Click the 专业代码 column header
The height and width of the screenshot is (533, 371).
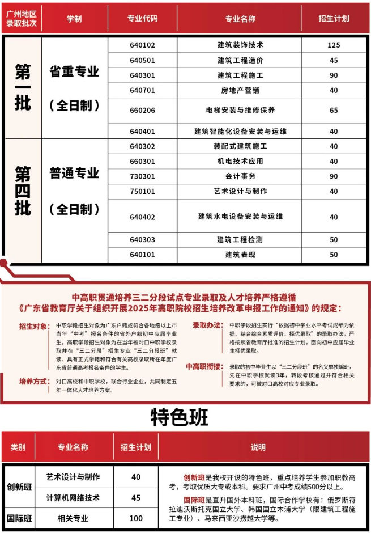click(x=142, y=19)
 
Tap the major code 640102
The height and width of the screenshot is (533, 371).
click(x=142, y=45)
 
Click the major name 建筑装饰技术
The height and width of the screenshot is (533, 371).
click(x=240, y=45)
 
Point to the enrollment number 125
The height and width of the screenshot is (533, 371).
click(x=334, y=45)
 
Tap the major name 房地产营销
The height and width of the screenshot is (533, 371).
click(x=240, y=90)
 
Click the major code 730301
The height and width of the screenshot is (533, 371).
click(x=142, y=176)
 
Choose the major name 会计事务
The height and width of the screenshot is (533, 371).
click(x=240, y=176)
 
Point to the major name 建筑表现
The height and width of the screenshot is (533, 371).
click(x=240, y=255)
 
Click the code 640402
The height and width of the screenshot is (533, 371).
click(x=142, y=217)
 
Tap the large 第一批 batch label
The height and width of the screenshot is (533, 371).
click(x=23, y=87)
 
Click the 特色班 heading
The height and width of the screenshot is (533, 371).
click(x=180, y=417)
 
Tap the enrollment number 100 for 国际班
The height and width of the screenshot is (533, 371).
click(x=136, y=518)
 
